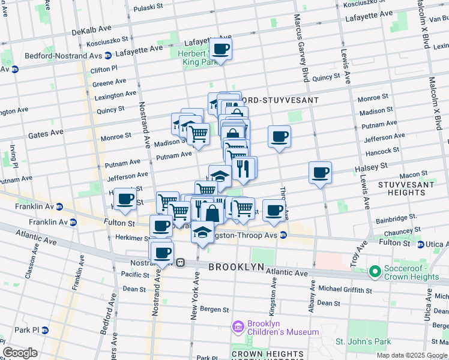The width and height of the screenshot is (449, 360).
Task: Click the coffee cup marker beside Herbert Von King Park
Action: [x=220, y=49]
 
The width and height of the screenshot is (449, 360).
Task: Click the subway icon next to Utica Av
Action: [x=421, y=244]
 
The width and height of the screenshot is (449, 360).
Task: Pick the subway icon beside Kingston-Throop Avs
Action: [x=282, y=235]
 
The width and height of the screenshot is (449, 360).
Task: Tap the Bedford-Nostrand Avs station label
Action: [x=63, y=56]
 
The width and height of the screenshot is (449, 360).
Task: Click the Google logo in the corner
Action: [x=20, y=353]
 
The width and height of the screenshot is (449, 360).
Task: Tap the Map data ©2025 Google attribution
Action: [x=412, y=355]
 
